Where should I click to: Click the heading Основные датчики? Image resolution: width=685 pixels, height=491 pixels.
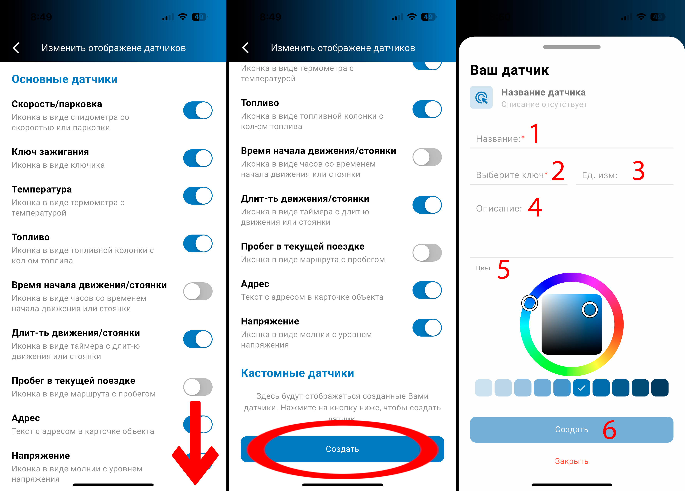pos(64,79)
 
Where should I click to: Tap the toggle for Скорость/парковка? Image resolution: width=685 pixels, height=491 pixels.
pos(198,110)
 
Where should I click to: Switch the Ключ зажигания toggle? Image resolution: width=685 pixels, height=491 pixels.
pos(198,158)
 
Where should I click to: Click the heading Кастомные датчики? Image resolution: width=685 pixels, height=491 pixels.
pos(297,373)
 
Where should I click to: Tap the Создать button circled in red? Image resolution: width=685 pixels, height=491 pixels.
pos(342,449)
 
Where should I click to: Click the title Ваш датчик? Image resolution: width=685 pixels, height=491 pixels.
pos(509,70)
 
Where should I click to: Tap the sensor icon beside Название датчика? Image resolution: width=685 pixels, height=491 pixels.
pos(481,97)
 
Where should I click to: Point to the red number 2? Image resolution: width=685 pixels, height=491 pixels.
pos(558,171)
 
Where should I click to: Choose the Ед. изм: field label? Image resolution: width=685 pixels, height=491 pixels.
pos(600,175)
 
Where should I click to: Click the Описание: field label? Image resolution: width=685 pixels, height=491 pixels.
pos(499,208)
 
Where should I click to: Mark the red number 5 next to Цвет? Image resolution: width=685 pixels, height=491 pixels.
pos(504,269)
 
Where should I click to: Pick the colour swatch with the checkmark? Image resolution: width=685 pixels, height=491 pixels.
pos(581,388)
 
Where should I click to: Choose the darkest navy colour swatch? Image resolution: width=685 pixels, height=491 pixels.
pos(660,388)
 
